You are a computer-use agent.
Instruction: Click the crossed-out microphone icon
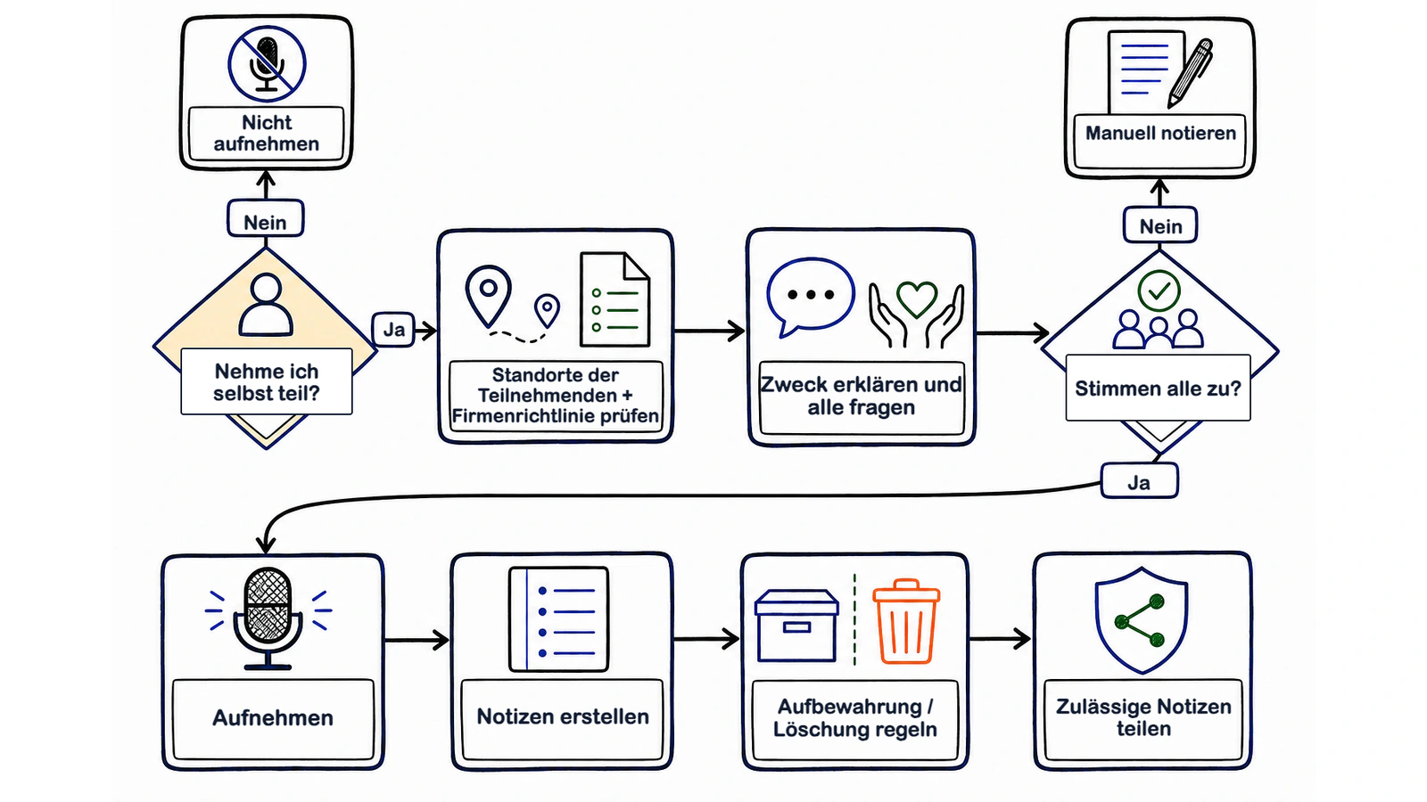(267, 63)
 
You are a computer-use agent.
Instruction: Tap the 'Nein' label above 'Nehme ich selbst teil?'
(266, 219)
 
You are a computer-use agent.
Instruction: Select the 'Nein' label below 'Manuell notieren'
(1160, 225)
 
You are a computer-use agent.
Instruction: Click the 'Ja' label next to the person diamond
(393, 329)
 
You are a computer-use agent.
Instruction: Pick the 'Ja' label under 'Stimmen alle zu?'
(1139, 480)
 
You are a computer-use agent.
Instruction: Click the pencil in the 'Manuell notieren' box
(1190, 73)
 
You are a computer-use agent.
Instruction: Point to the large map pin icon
(489, 295)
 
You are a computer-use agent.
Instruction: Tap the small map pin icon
(547, 311)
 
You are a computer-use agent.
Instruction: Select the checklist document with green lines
(615, 299)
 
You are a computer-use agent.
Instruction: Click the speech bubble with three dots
(811, 297)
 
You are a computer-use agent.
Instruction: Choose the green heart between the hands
(917, 298)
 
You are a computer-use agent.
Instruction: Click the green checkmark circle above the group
(1159, 291)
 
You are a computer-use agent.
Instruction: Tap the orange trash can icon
(906, 622)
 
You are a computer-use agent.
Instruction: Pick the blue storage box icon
(796, 626)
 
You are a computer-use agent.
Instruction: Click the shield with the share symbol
(1141, 620)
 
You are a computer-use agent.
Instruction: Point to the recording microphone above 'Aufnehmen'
(268, 618)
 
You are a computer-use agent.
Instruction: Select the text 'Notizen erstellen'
(563, 716)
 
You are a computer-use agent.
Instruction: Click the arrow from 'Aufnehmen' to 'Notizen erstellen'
(417, 640)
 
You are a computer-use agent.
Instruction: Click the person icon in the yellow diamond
(266, 305)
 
